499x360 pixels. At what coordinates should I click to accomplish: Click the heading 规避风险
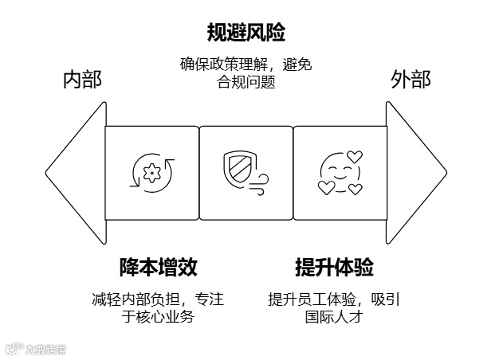coord(246,33)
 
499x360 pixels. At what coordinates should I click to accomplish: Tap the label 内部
coord(82,80)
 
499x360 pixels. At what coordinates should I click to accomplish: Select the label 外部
coord(411,80)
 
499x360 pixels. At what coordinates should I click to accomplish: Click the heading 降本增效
coord(158,267)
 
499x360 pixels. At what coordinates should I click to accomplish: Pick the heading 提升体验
coord(334,267)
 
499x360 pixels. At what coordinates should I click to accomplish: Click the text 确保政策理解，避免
coord(246,65)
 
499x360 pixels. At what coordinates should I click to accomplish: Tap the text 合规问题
coord(246,81)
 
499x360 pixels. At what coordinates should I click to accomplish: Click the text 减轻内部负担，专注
coord(158,299)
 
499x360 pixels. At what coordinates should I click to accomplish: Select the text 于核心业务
coord(158,316)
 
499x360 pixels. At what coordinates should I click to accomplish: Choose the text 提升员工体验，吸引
coord(334,299)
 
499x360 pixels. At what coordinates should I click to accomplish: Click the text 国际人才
coord(334,316)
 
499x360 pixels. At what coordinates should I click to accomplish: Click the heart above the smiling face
coord(355,156)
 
